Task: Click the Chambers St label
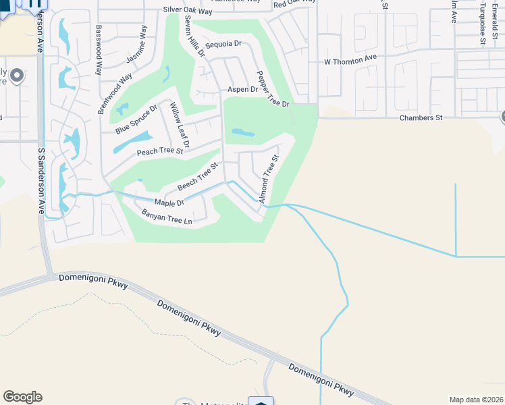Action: [x=420, y=117]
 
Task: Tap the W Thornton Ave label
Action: [x=350, y=59]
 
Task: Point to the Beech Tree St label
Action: [x=198, y=176]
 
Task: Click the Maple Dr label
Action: [x=169, y=202]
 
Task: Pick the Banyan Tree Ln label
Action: [x=167, y=217]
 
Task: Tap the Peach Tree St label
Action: [x=160, y=152]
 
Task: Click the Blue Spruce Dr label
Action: [x=136, y=119]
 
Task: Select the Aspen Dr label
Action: [x=243, y=89]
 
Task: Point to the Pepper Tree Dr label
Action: [x=273, y=89]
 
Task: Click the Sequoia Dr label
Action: [x=223, y=44]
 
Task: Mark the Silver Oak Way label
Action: [x=188, y=11]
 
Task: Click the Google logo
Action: [x=22, y=397]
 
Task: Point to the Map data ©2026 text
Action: [x=476, y=400]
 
